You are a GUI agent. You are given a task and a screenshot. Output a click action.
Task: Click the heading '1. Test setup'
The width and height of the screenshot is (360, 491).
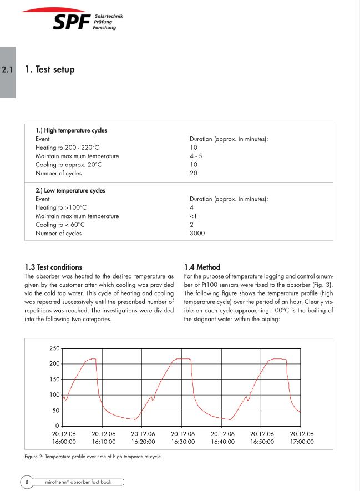(49, 70)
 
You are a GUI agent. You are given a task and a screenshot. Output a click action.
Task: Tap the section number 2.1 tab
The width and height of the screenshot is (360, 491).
(7, 70)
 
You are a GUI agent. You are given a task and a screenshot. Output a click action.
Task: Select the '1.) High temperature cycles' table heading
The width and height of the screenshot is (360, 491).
(72, 130)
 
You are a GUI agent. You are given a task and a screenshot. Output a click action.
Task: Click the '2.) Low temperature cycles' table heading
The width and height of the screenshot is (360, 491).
(70, 190)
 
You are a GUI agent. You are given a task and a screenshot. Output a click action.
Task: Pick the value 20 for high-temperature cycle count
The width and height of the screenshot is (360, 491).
(193, 173)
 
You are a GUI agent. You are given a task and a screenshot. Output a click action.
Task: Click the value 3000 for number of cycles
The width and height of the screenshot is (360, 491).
(197, 233)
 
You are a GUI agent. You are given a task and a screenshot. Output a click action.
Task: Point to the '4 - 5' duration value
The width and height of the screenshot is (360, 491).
(196, 156)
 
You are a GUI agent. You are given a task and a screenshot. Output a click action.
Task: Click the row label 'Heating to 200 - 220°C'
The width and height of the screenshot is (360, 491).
(67, 148)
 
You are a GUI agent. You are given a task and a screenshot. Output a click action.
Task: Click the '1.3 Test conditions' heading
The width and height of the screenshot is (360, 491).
(53, 267)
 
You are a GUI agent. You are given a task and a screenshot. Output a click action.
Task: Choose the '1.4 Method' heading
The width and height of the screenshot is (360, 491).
(202, 267)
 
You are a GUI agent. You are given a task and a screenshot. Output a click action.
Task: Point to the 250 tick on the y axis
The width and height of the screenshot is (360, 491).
(54, 348)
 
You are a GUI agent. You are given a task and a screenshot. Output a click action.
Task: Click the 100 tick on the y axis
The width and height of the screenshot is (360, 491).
(54, 395)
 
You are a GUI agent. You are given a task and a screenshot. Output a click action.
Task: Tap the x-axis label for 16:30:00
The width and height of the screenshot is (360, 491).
(182, 438)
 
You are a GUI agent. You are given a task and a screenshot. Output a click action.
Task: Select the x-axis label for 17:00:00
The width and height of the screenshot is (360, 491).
(302, 438)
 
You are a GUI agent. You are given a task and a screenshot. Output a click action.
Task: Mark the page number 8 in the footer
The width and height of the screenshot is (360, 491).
(27, 482)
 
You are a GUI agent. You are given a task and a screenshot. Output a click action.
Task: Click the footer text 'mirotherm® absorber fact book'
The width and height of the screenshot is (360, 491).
(78, 482)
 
